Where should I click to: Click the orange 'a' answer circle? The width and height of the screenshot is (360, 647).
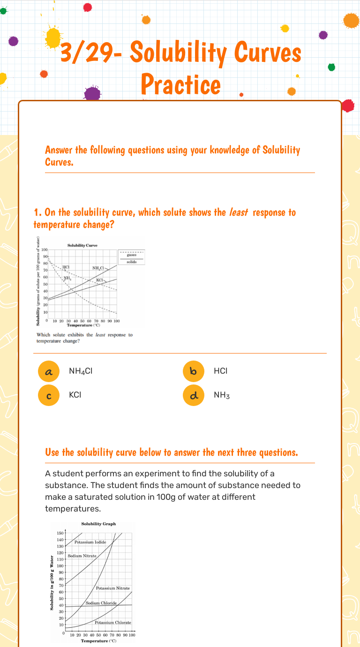pos(48,371)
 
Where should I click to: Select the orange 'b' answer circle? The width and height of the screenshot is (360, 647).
pos(193,371)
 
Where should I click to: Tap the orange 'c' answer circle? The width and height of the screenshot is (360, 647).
pos(48,395)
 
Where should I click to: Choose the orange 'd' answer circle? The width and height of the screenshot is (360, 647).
pos(193,395)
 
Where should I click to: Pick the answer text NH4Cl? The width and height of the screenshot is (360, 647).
pos(81,371)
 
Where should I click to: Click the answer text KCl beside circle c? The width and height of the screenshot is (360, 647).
pos(75,395)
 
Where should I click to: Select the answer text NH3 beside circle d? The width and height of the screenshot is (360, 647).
pos(222,395)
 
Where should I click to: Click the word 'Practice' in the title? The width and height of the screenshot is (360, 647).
pos(180,84)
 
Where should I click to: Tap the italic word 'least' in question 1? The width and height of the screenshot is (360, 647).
pos(239,212)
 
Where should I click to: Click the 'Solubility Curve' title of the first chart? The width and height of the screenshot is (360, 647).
pos(82,246)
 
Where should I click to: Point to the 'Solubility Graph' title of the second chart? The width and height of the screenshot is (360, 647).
pos(98,524)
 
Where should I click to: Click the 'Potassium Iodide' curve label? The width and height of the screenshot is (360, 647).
pos(90,542)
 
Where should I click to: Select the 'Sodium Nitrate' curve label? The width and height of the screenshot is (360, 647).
pos(82,556)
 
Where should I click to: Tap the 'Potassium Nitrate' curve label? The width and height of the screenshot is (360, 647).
pos(113,588)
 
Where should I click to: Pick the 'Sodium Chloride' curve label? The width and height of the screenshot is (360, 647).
pos(101,603)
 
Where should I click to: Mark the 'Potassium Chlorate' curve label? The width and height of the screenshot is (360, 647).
pos(113,623)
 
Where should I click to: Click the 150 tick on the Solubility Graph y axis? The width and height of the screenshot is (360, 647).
pos(60,533)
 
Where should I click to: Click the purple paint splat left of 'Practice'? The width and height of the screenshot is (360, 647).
pos(92,93)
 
